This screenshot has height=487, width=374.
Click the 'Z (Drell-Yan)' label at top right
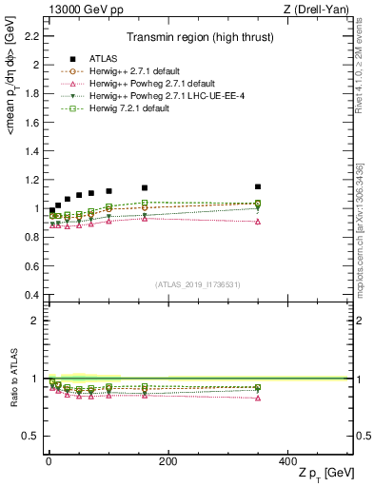coord(319,10)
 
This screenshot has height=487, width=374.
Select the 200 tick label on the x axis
coord(167,461)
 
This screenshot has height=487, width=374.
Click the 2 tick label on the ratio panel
coord(36,321)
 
